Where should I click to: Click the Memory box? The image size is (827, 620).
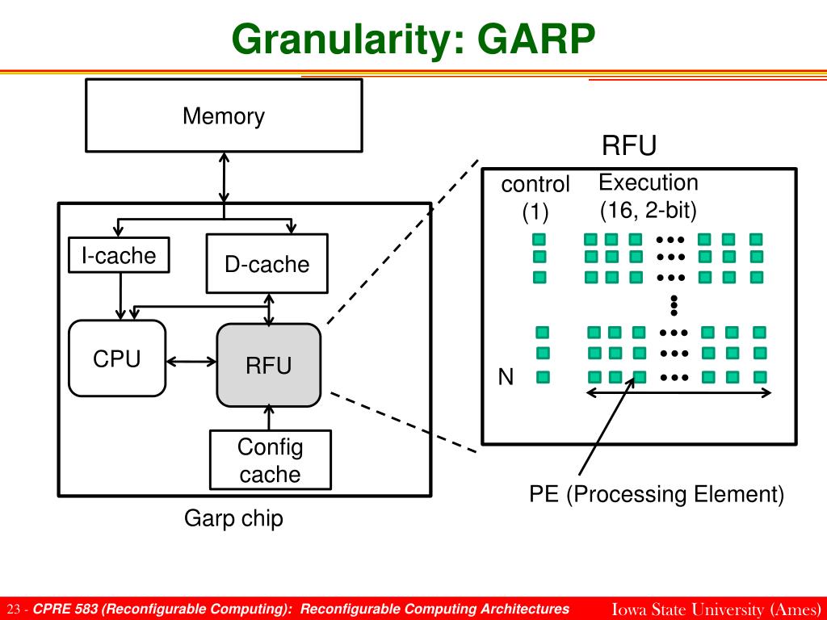224,115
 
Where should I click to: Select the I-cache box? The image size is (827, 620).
119,255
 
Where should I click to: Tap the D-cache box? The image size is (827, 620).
267,264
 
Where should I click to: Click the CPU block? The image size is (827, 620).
117,358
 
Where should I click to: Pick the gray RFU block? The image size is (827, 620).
268,365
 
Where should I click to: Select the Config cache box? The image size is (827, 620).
270,459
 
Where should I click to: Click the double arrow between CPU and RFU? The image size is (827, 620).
191,362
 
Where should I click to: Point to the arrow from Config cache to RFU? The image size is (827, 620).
269,418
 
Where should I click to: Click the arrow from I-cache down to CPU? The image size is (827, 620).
121,296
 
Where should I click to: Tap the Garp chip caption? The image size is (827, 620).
233,518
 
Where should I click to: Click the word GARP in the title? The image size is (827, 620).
536,39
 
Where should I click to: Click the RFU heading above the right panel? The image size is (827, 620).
628,145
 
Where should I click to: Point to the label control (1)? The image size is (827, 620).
535,198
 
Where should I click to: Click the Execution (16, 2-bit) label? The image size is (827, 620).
649,196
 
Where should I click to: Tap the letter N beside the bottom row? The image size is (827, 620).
506,377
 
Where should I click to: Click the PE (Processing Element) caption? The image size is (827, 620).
656,495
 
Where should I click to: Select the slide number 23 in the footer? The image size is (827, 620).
14,610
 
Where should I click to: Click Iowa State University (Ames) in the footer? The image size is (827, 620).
716,609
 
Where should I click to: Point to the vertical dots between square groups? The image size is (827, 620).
674,306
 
